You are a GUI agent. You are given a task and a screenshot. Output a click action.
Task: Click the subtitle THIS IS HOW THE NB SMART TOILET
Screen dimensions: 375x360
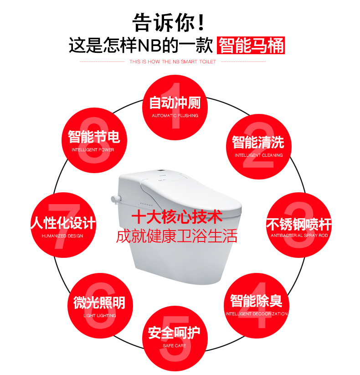pos(173,62)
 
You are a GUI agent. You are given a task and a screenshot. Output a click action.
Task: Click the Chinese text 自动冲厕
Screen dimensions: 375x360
pos(175,103)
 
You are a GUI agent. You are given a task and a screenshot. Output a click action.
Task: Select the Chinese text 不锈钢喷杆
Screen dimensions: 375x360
pos(299,224)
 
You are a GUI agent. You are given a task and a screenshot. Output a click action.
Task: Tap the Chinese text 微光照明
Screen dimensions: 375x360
pos(99,303)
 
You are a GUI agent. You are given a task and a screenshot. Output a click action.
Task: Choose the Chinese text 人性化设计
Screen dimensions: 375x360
pos(63,223)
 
